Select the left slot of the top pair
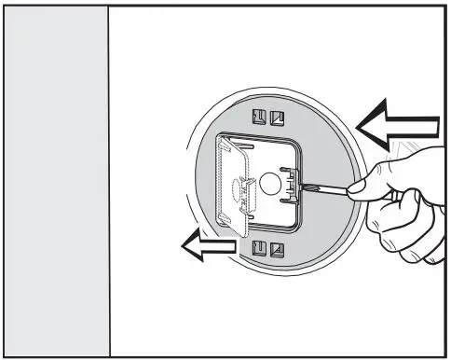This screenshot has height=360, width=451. (x=261, y=118)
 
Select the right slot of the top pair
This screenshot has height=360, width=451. (x=276, y=118)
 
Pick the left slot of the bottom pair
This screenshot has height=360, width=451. (x=261, y=247)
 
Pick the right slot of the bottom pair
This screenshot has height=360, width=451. (x=276, y=247)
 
